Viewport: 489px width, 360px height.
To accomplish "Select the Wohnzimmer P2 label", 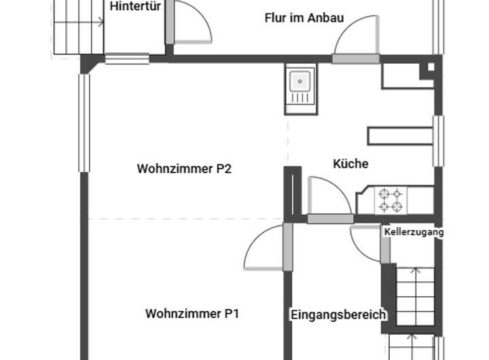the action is coord(184,168).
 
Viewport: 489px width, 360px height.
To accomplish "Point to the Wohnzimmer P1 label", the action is coord(192,314).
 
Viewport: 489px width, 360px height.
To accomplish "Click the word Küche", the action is coord(350,164).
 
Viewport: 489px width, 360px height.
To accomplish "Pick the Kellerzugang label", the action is coord(413,232).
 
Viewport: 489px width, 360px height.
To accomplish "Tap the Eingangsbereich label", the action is coord(338,315).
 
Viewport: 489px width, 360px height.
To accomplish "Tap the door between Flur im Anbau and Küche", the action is coord(355,41).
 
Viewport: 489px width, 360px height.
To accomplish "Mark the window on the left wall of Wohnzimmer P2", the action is coord(84,123).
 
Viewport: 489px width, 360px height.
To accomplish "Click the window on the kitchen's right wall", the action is coord(438,141).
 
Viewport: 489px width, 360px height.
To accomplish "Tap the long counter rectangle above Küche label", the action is coord(400,134).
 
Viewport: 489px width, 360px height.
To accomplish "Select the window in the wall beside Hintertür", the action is coord(127,59).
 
